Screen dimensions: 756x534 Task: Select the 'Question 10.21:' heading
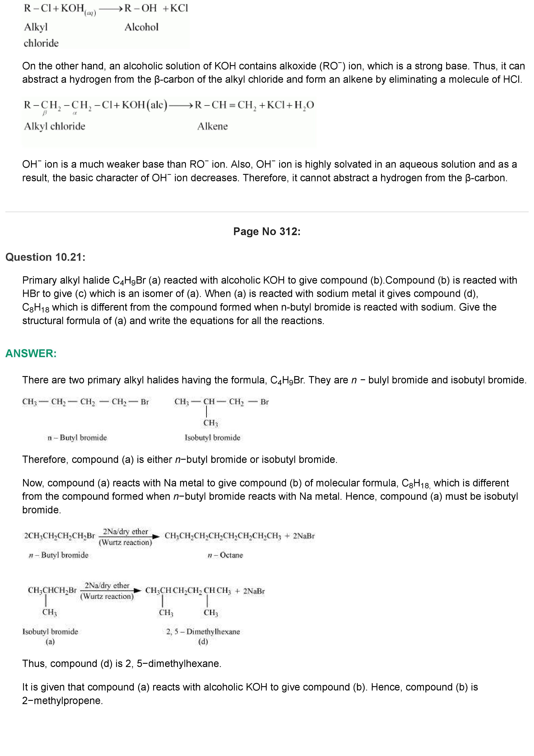(x=45, y=257)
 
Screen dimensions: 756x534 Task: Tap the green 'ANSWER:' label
(x=31, y=353)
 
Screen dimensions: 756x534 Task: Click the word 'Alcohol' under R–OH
(x=142, y=27)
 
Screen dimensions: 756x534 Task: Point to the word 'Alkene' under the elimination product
(x=213, y=126)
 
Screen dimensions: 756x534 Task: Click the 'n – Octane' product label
(x=225, y=555)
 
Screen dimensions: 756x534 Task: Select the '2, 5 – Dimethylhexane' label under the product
(x=203, y=631)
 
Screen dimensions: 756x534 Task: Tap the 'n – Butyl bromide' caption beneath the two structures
(x=77, y=438)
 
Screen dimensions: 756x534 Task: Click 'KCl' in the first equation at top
(x=179, y=8)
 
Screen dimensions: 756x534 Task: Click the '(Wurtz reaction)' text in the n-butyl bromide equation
(x=125, y=542)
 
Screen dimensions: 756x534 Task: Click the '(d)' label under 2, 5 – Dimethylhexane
(x=203, y=641)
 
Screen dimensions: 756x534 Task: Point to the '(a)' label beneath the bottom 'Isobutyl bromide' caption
(x=50, y=641)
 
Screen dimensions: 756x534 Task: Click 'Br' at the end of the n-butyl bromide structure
(x=145, y=402)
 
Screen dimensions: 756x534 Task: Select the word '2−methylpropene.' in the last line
(x=62, y=700)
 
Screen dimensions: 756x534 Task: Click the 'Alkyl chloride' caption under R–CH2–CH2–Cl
(x=55, y=126)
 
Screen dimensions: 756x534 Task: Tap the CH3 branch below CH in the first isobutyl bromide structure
(x=211, y=423)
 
